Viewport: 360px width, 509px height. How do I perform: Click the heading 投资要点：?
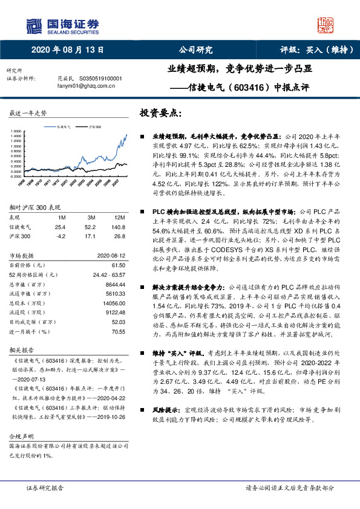[160, 112]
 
